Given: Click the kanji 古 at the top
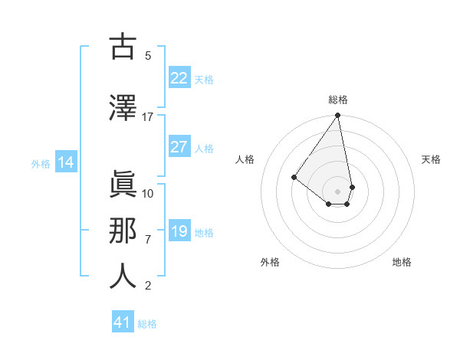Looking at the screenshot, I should pyautogui.click(x=123, y=47).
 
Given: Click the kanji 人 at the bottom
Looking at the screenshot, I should pyautogui.click(x=123, y=275).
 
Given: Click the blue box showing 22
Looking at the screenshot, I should pyautogui.click(x=179, y=78).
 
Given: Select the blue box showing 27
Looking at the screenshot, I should pyautogui.click(x=179, y=148).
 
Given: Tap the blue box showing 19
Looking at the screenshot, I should pyautogui.click(x=179, y=232).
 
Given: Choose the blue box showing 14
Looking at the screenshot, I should pyautogui.click(x=65, y=162).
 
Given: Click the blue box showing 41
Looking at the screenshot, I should pyautogui.click(x=123, y=323).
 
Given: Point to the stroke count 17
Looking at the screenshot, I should pyautogui.click(x=148, y=117).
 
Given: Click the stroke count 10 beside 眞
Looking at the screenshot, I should pyautogui.click(x=148, y=193).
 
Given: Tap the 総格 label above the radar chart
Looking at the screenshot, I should pyautogui.click(x=338, y=100).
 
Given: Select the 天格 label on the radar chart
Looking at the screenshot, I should pyautogui.click(x=432, y=159).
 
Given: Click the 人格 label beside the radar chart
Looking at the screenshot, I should pyautogui.click(x=245, y=159).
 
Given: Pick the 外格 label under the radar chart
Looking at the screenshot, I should pyautogui.click(x=270, y=262).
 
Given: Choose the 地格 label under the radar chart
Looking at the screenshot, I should pyautogui.click(x=402, y=262).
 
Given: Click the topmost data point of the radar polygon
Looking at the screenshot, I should pyautogui.click(x=337, y=116).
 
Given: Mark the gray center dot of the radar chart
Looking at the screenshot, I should pyautogui.click(x=337, y=191).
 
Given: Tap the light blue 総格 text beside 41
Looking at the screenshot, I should pyautogui.click(x=147, y=324).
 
